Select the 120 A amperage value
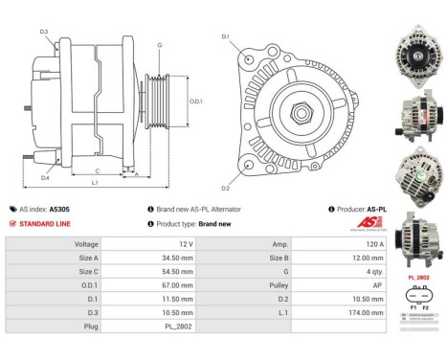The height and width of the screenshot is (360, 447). (x=342, y=244)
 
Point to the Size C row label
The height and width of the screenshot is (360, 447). (x=86, y=271)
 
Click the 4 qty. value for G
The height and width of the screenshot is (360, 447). (x=344, y=271)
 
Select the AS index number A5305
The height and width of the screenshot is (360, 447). (x=60, y=208)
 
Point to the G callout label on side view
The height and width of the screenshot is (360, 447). (x=159, y=45)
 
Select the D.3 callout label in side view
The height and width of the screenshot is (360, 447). (x=45, y=32)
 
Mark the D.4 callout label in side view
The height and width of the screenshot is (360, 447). (x=45, y=178)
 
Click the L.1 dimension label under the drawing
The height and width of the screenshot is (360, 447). (x=94, y=182)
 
